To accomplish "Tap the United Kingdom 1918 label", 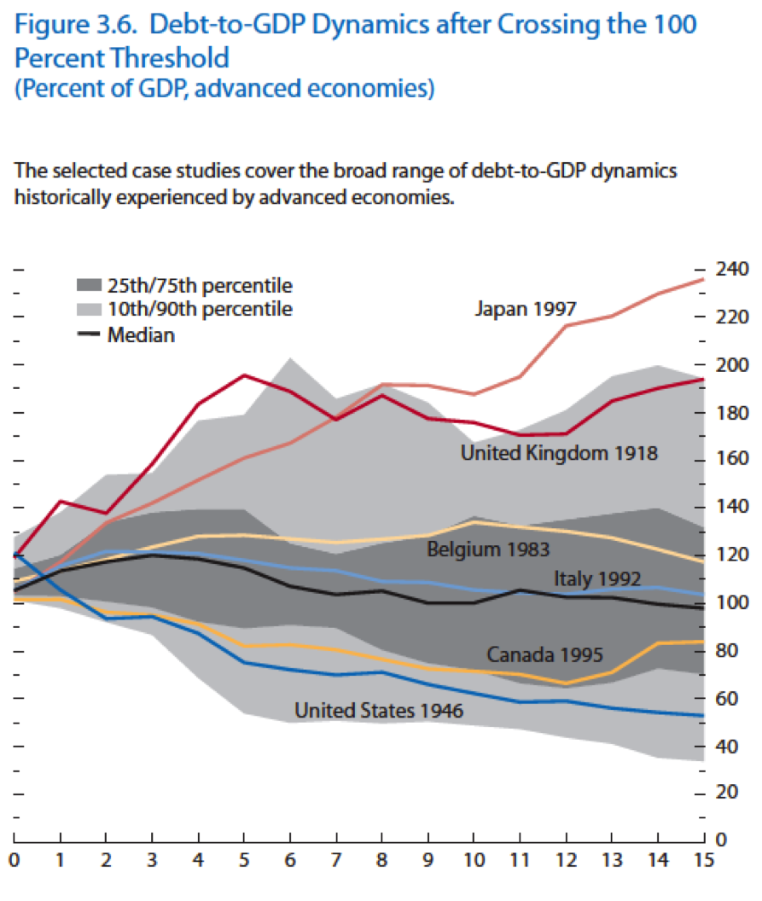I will (x=559, y=453).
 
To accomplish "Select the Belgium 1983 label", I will (x=487, y=549).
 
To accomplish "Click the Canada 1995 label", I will (x=544, y=655).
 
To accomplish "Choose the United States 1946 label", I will (x=378, y=710).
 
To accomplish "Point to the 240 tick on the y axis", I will (x=730, y=270).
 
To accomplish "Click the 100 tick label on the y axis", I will (x=730, y=602).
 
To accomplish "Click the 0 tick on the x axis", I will (x=15, y=859).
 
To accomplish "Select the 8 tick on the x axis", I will (x=383, y=859).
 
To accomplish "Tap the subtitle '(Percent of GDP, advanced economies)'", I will (x=224, y=89).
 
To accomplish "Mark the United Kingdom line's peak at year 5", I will (x=244, y=375).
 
